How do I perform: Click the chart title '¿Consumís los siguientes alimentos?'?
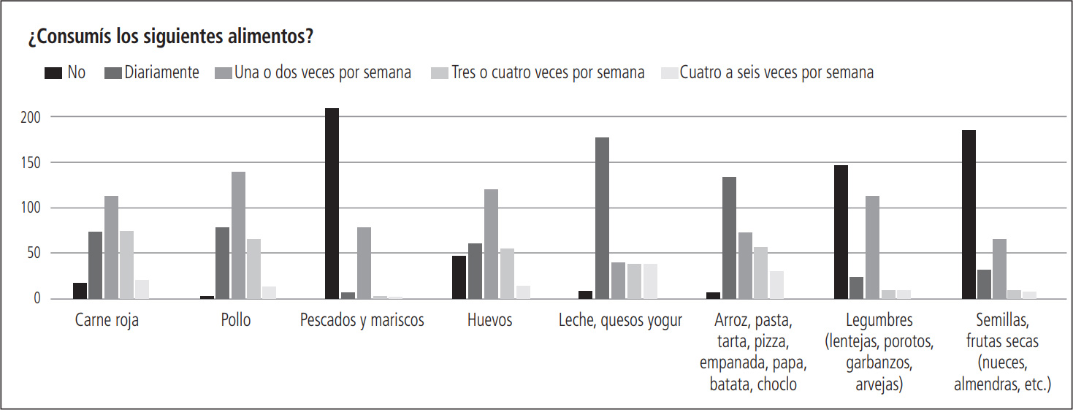171,37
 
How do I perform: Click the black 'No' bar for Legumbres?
841,232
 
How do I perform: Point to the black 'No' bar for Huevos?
459,277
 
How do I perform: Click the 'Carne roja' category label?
107,321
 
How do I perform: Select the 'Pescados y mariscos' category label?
362,321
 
